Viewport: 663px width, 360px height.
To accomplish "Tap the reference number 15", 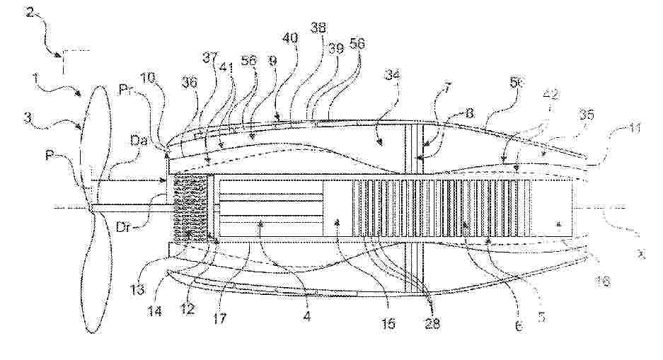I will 388,323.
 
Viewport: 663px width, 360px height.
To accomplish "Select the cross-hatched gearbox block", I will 189,209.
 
